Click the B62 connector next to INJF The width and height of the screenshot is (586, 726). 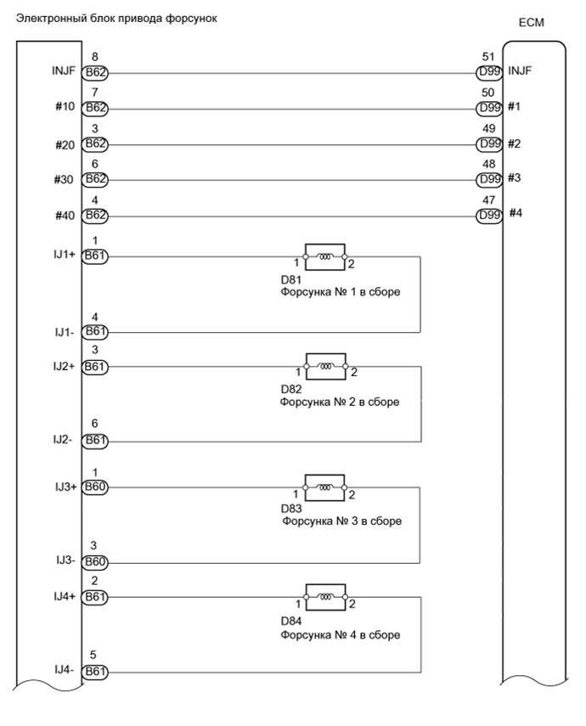(94, 74)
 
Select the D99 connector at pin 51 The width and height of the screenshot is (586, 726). (490, 74)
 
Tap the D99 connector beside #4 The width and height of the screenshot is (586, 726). (490, 216)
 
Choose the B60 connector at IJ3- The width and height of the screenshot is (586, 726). (94, 562)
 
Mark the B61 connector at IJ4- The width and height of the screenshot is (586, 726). (94, 671)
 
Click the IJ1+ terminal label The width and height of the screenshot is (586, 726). (63, 254)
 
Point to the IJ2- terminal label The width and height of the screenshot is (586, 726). (65, 441)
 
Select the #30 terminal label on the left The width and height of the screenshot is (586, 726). (65, 180)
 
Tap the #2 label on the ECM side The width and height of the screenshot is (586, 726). (514, 144)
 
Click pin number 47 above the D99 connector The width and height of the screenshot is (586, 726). (488, 200)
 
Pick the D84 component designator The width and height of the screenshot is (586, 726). (291, 621)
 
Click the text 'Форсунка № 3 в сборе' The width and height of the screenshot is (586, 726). (341, 521)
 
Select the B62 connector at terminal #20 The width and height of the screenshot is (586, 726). (94, 144)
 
